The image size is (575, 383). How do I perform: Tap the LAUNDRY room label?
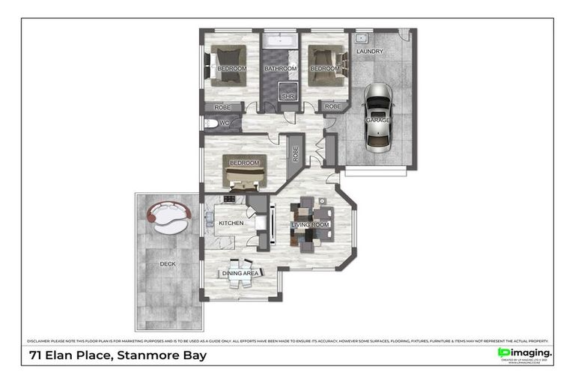click(x=370, y=52)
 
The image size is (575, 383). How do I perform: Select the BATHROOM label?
click(x=280, y=69)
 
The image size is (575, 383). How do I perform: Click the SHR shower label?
click(x=287, y=96)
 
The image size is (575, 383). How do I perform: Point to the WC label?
click(x=224, y=123)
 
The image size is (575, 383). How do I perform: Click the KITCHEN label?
click(x=231, y=223)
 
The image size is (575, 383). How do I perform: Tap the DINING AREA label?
click(x=240, y=274)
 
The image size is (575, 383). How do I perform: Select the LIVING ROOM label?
click(x=311, y=224)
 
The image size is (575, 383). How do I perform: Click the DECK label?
click(x=168, y=263)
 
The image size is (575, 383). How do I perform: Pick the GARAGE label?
click(x=377, y=120)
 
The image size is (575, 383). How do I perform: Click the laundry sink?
click(x=361, y=37)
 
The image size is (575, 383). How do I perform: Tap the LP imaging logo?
click(x=524, y=352)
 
